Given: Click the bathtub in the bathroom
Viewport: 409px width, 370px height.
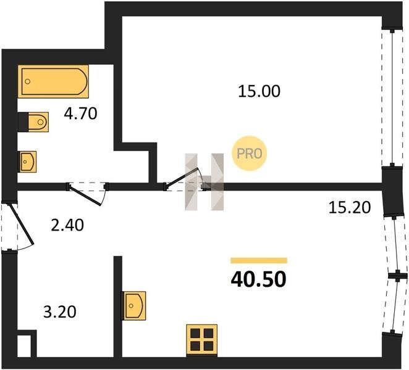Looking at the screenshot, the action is tap(53, 81).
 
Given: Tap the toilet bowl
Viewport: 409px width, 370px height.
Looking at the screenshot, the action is tap(38, 122).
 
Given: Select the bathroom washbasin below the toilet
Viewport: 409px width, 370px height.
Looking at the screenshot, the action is tap(28, 162).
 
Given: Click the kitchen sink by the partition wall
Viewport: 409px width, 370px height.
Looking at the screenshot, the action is tap(134, 306).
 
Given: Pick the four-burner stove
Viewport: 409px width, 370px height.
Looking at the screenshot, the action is tap(202, 340).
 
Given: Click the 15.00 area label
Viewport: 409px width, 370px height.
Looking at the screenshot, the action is tap(259, 91).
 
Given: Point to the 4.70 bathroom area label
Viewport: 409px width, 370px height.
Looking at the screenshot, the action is tap(80, 113).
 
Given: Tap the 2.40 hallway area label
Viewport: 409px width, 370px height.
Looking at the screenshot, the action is tap(67, 225).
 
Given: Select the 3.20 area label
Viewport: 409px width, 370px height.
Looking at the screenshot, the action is tap(60, 312).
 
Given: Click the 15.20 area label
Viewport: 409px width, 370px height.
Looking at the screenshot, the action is tap(349, 208).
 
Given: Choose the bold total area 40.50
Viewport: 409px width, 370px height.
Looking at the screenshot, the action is tap(258, 279).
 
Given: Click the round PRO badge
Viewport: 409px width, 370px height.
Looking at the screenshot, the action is tap(250, 154).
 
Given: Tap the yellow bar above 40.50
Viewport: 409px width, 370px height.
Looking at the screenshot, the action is tap(259, 260).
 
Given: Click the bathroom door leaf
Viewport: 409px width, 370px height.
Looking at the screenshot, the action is tap(85, 195).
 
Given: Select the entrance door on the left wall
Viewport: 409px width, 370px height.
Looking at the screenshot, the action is tap(22, 225).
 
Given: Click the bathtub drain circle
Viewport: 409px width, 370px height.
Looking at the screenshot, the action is tap(27, 81).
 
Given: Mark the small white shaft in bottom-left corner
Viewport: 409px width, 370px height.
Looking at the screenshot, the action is tap(24, 346).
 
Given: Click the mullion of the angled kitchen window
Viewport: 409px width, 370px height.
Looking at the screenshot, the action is tap(397, 276).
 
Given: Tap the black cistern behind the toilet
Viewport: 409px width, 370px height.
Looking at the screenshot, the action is tap(23, 122).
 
